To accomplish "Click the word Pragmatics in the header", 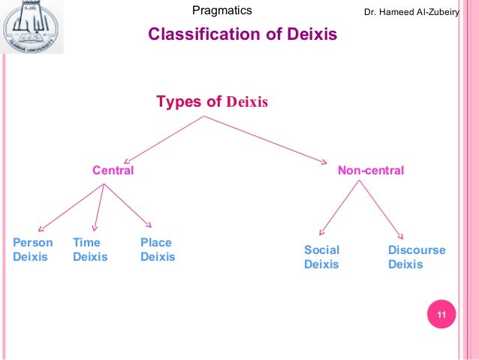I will point(222,11).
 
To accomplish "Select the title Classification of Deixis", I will point(243,34).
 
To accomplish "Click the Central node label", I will point(113,171).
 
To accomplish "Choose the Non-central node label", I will point(371,171).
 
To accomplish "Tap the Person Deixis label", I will point(33,250).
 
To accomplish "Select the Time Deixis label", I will point(90,250).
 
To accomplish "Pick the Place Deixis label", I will point(158,250).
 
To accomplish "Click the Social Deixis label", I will point(321,257).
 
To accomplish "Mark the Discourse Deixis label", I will point(417,257).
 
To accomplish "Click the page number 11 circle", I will point(441,314).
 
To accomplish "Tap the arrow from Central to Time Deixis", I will point(98,207).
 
